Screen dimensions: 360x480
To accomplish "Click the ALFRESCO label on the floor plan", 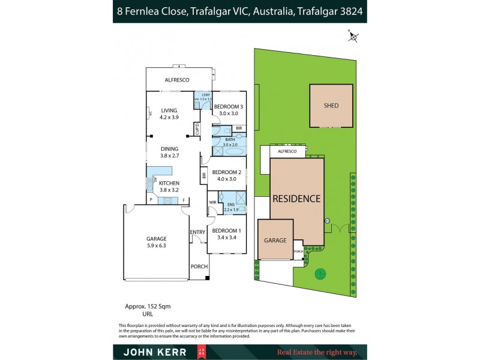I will click(177, 79).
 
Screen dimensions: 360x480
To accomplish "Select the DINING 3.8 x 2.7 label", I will click(169, 152).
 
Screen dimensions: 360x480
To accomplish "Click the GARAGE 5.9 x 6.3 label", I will click(156, 242).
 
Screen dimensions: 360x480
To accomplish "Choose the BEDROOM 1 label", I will click(227, 234).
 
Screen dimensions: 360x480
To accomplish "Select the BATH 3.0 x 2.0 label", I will click(230, 142).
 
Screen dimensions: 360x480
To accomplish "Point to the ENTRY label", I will click(197, 232).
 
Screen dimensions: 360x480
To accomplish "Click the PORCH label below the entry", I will click(199, 267).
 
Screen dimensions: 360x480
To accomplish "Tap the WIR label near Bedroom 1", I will click(212, 203).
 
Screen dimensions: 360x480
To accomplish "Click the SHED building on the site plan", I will click(331, 106).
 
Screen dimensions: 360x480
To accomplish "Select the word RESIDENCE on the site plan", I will click(297, 199).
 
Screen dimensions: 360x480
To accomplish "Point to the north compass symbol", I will click(353, 37).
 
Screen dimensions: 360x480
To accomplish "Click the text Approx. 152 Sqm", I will click(147, 306).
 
